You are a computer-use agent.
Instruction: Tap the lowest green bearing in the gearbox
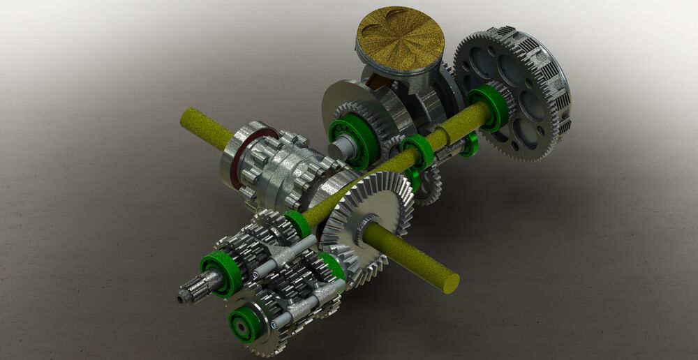click(x=245, y=323)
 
